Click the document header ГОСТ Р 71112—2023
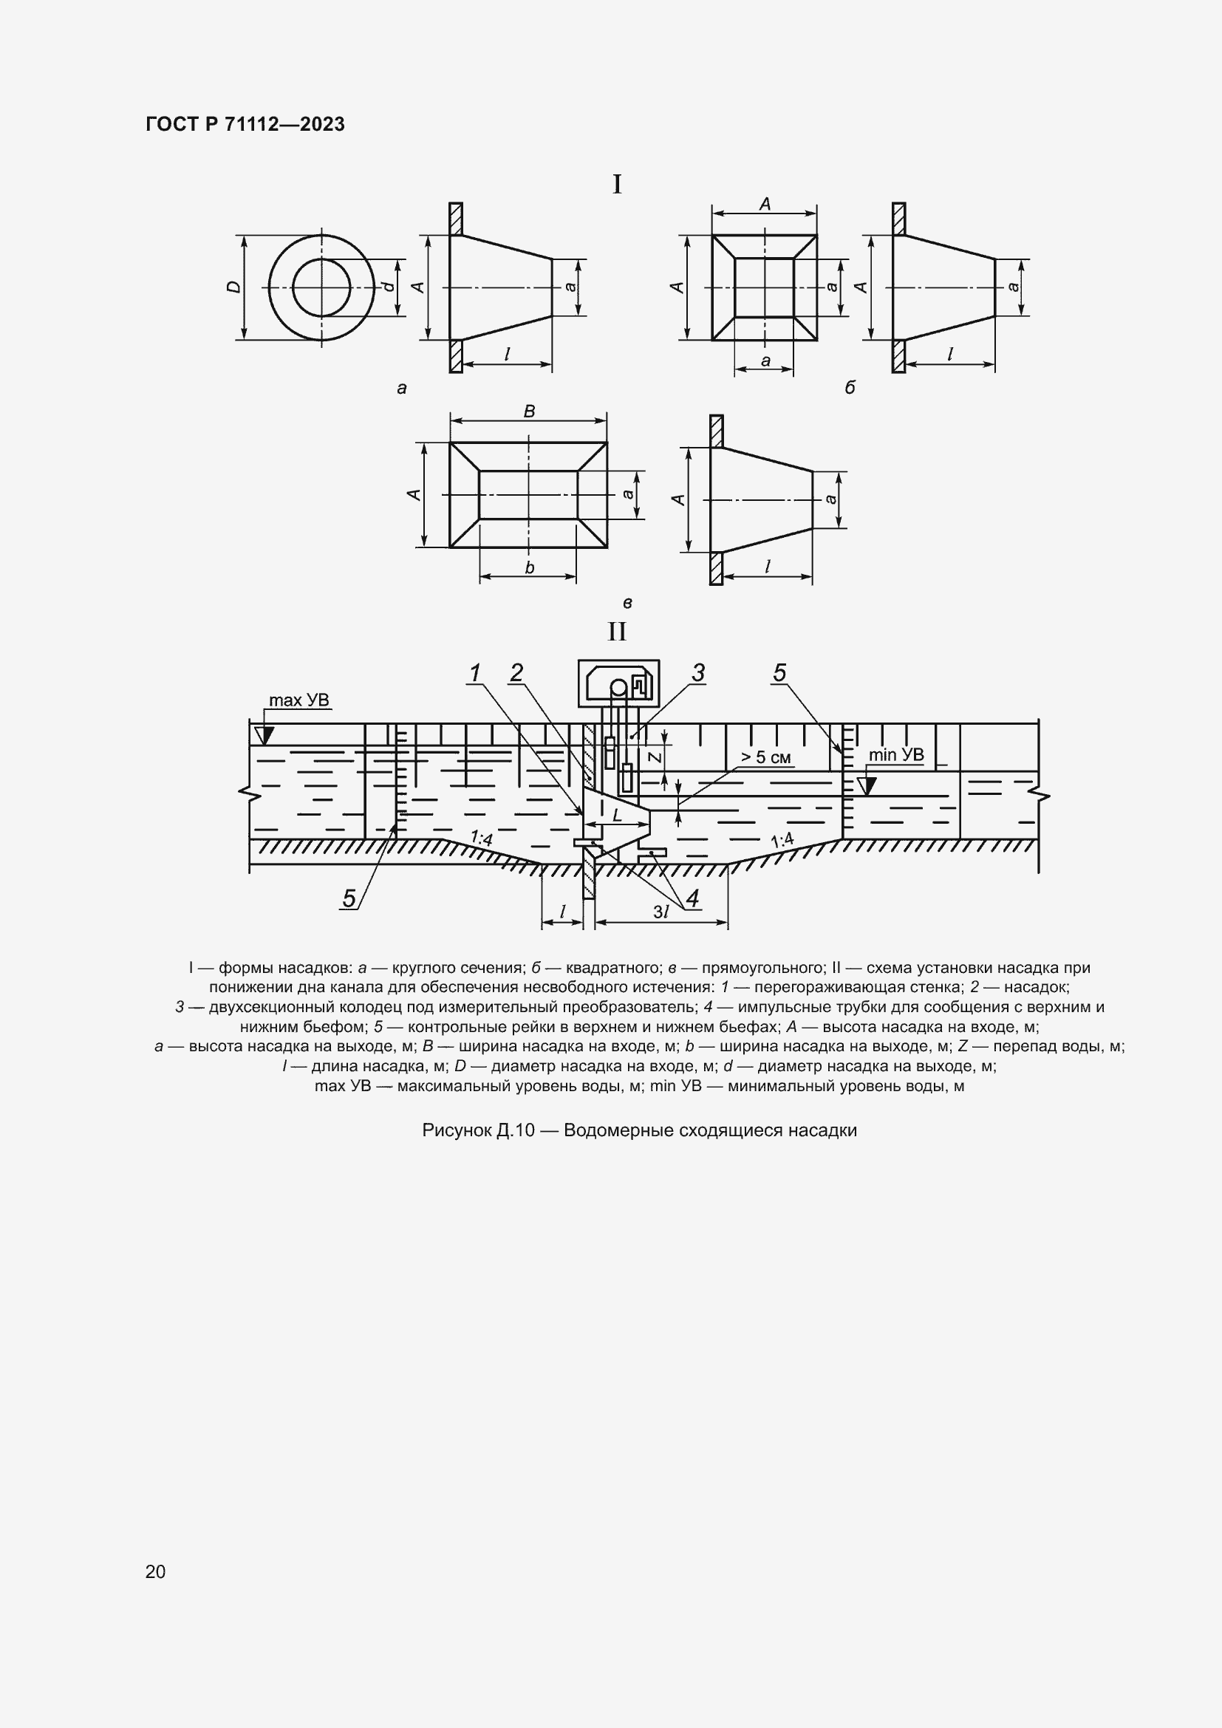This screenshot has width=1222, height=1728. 245,124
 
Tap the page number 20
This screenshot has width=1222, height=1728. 155,1571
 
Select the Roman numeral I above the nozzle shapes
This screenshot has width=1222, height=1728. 617,185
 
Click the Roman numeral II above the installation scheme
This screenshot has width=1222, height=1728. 617,632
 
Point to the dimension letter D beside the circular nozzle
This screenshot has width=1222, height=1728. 234,287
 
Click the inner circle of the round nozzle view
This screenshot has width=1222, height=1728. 321,287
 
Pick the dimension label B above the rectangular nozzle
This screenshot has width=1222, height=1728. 529,411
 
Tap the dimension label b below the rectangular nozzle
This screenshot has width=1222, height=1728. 529,568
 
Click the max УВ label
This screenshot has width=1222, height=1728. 298,700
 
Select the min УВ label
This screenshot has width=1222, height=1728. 895,755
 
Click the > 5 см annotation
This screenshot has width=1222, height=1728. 766,757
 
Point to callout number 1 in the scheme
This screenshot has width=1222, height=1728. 474,674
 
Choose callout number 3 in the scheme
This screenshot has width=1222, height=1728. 698,673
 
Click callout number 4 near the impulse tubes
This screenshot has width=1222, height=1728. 692,898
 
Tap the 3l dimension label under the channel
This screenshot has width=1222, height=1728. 661,912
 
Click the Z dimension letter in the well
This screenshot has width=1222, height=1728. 655,757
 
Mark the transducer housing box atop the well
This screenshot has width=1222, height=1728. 618,683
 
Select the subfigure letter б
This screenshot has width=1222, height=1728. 850,389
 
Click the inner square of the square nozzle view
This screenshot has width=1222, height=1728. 764,287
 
